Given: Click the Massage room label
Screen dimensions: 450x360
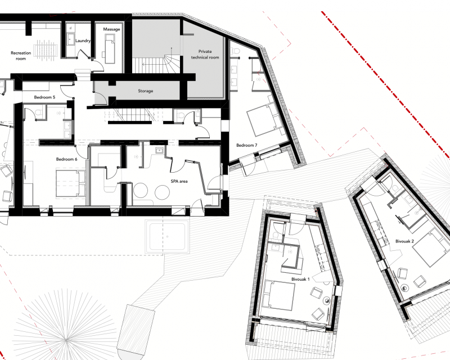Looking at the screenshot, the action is (111, 29).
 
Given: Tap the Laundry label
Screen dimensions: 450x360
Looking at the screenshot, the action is (83, 40).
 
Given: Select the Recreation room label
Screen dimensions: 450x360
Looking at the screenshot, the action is (21, 56).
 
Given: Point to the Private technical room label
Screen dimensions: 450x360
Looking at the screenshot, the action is (205, 54).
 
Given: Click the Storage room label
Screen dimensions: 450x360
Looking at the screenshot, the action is (146, 91).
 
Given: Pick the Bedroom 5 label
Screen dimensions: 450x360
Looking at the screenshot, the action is (44, 97).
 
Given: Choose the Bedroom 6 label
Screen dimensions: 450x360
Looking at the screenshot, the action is (66, 159).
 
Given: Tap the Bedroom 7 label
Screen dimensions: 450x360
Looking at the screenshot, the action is (246, 145).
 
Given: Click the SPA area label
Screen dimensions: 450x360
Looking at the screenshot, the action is (179, 181).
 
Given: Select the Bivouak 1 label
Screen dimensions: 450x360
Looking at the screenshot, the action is (300, 279).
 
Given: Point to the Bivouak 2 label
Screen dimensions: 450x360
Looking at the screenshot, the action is (404, 241).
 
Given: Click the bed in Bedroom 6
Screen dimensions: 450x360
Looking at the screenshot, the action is (71, 183).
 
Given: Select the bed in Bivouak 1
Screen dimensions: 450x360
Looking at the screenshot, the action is (280, 295).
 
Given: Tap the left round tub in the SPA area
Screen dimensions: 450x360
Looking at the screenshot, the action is (141, 191).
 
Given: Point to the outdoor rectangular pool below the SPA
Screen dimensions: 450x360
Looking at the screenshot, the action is (167, 236).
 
